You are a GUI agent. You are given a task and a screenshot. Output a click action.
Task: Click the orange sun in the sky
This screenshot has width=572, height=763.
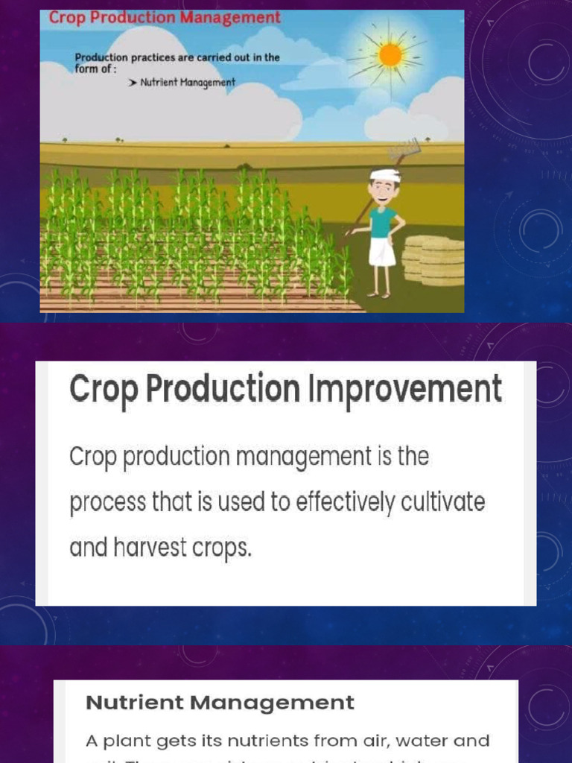click(x=390, y=54)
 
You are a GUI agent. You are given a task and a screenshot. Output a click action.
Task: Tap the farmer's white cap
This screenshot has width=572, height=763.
click(x=385, y=176)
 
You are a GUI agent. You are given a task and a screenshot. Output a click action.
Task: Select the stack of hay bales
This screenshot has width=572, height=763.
click(x=433, y=260)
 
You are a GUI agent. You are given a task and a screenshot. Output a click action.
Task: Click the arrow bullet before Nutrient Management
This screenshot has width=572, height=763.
click(x=133, y=83)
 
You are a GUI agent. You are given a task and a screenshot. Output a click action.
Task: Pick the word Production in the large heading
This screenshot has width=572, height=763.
click(x=221, y=390)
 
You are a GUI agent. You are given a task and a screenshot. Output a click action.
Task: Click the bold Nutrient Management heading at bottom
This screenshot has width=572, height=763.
click(x=220, y=703)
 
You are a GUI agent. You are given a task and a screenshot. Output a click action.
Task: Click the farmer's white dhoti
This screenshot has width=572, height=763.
click(x=381, y=252)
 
